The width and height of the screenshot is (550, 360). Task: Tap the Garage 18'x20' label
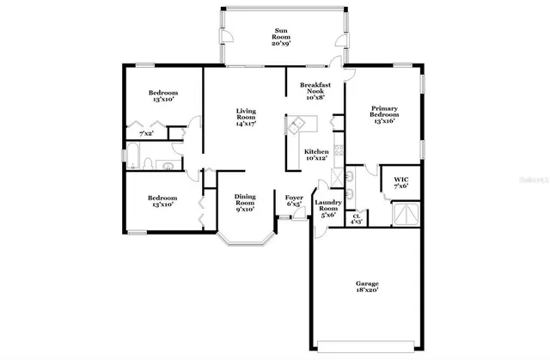pos(367,288)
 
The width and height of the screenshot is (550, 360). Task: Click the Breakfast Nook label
pos(315,90)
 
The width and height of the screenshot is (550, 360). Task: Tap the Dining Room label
pos(245,203)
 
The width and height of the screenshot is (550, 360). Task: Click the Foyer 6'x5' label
pos(293,201)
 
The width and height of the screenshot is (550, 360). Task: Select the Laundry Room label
pos(328,208)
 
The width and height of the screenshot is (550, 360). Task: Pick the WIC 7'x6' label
pos(400,181)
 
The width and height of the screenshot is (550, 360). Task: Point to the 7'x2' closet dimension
pos(148,133)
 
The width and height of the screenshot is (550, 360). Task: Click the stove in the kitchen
pos(339,155)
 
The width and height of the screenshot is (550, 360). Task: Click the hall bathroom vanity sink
pos(169,166)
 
